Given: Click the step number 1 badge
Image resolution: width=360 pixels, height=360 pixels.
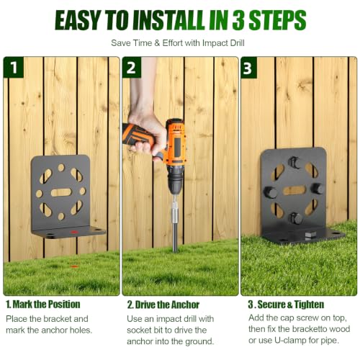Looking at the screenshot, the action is click(x=14, y=68).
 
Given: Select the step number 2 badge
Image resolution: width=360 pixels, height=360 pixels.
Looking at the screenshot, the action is click(x=131, y=68).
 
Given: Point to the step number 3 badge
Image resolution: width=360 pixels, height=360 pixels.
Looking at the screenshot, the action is click(x=248, y=68).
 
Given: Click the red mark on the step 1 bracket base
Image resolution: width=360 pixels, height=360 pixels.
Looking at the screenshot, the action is click(x=74, y=232).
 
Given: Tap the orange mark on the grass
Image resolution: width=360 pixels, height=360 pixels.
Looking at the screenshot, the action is click(x=74, y=266).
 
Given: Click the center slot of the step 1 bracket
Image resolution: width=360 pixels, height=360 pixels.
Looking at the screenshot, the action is click(x=61, y=192).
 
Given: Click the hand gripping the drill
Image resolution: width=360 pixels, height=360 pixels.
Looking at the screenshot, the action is click(x=147, y=135).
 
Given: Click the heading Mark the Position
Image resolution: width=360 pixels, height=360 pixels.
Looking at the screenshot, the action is click(x=43, y=305).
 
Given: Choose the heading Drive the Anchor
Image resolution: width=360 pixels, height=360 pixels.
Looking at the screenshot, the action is click(x=163, y=305).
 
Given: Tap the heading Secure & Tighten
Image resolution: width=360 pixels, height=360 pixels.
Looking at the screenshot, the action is click(x=286, y=305).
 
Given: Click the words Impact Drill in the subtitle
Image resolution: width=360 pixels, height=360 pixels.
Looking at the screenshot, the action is click(x=223, y=43).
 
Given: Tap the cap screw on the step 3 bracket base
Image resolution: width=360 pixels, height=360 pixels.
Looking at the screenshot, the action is click(x=310, y=235).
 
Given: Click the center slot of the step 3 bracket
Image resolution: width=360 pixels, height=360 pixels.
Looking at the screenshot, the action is click(x=294, y=190).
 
